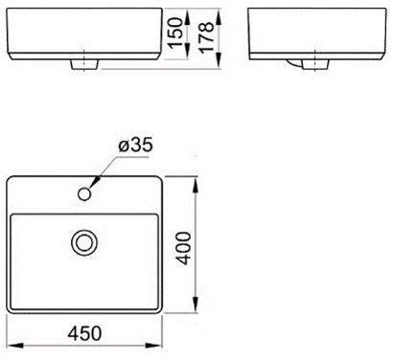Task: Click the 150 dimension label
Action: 176,34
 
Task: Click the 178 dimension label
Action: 206,36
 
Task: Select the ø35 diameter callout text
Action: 136,146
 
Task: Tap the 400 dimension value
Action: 184,249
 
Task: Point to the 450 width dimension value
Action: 84,333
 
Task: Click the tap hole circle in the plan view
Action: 84,194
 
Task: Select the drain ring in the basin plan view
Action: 84,243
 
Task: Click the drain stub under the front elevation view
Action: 84,64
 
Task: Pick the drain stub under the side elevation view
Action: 315,64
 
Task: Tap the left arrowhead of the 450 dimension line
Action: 15,346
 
